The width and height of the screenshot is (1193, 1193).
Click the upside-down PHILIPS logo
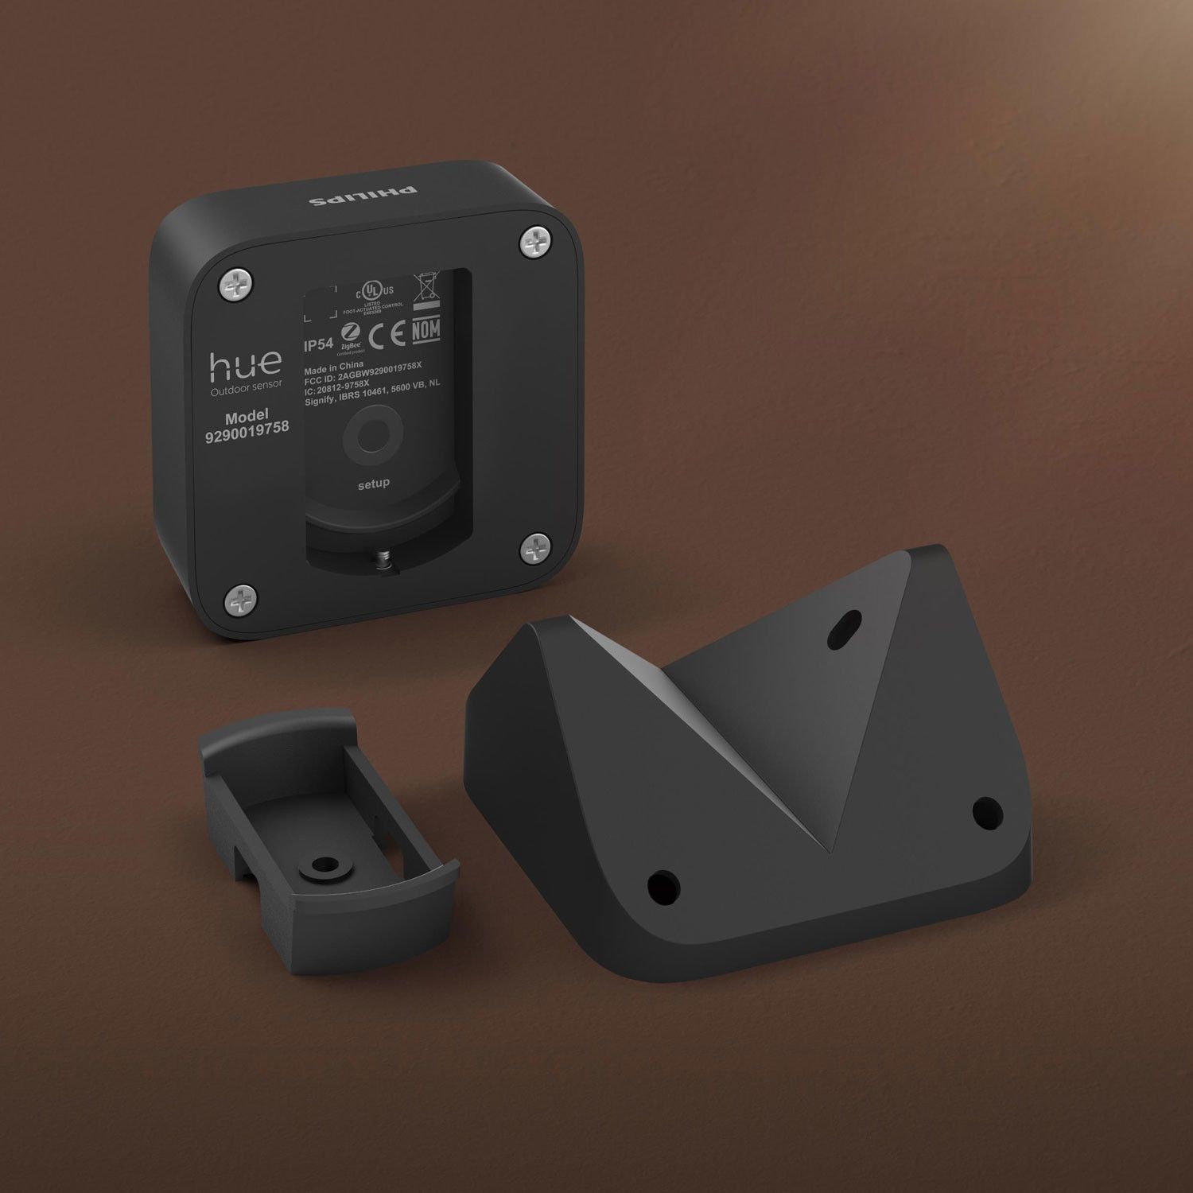tap(363, 196)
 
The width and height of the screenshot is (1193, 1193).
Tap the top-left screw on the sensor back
tap(238, 285)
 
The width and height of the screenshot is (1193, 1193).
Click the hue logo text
tap(245, 363)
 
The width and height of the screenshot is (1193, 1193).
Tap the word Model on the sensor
tap(247, 416)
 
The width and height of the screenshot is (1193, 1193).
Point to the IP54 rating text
tap(318, 346)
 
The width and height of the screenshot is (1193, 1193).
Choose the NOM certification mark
tap(426, 329)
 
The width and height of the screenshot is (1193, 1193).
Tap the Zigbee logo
tap(348, 334)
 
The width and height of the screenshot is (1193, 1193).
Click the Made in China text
tap(334, 367)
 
